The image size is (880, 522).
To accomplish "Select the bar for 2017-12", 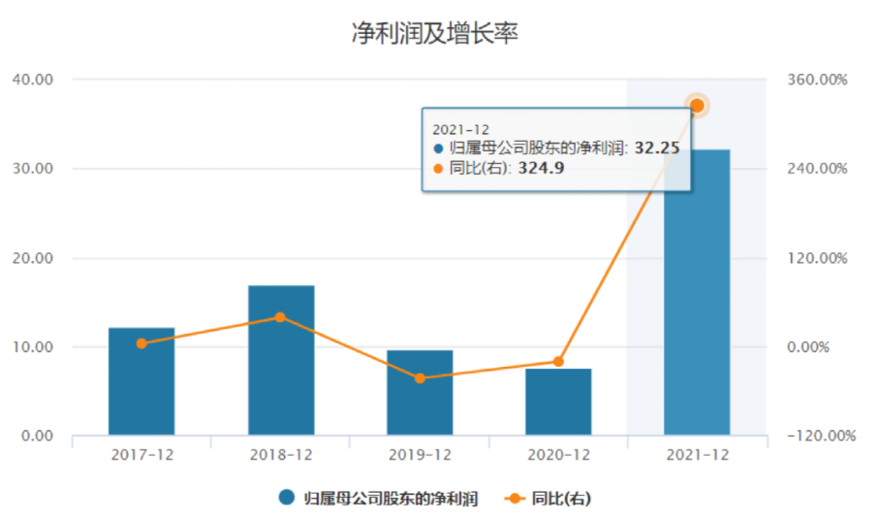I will (x=141, y=381).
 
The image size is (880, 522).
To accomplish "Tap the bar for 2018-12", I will (x=281, y=360).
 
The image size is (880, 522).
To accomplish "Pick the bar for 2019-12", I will (x=420, y=393).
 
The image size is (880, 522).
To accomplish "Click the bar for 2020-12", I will (x=558, y=402).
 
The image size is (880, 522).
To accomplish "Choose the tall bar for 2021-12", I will (x=697, y=291).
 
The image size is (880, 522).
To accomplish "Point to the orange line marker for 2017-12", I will (x=141, y=343).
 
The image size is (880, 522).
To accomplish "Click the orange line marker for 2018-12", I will (x=281, y=317).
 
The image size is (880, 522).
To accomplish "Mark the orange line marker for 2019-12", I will (x=420, y=378).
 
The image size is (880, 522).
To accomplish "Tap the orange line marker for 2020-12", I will (x=558, y=362).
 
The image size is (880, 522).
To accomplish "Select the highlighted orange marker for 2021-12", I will (x=697, y=106).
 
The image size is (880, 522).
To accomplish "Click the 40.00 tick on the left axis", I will (x=34, y=80).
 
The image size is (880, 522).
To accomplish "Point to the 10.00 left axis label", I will (x=34, y=347).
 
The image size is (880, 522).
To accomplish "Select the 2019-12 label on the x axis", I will (x=420, y=455).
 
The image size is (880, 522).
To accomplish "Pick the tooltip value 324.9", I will (x=541, y=168).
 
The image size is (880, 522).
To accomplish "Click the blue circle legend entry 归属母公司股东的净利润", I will (x=377, y=499).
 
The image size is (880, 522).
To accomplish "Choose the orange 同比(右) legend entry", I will (x=549, y=499).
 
